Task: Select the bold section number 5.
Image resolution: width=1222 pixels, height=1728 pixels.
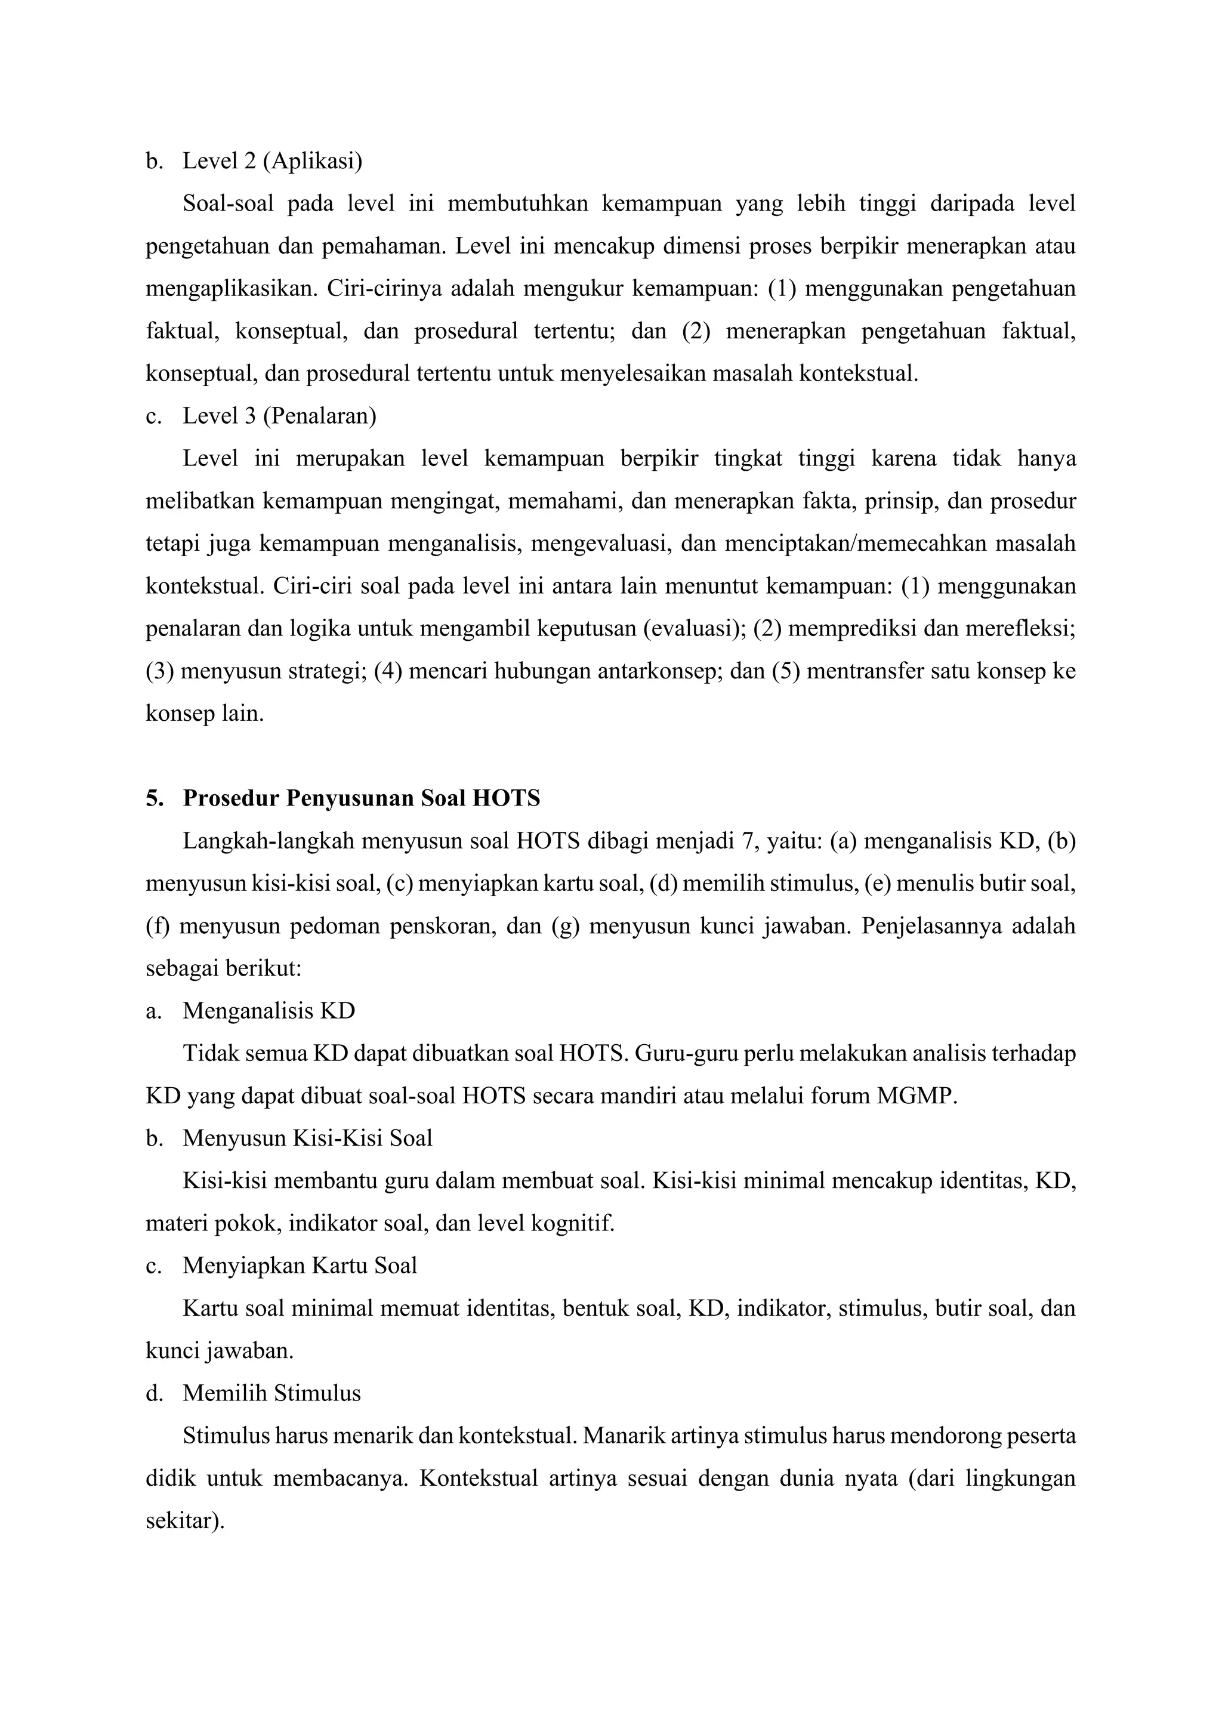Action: [x=155, y=798]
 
